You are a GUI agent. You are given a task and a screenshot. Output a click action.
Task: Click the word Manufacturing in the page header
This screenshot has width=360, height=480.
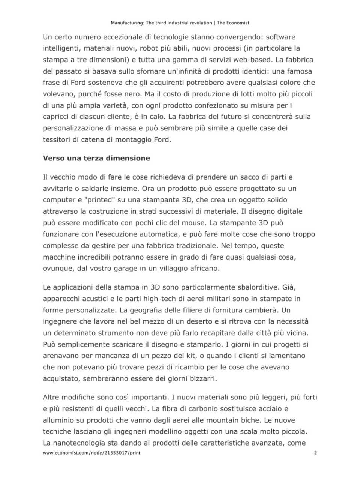pyautogui.click(x=127, y=23)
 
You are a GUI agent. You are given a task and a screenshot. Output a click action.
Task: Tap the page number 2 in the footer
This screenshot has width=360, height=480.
pyautogui.click(x=315, y=453)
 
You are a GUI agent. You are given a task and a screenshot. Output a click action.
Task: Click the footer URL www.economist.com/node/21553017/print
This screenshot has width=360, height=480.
pyautogui.click(x=91, y=453)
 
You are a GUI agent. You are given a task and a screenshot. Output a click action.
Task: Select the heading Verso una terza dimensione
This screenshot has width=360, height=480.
pyautogui.click(x=96, y=158)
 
